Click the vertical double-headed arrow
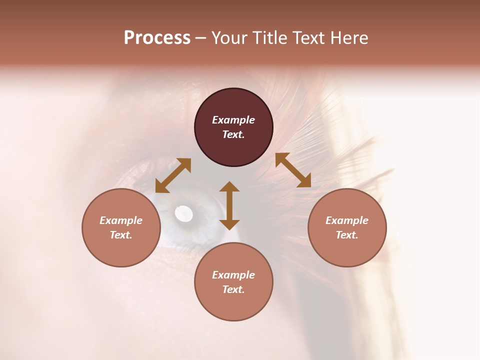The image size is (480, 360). pos(229,205)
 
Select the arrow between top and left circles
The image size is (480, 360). pos(173,175)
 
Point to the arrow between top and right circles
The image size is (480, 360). pos(293,170)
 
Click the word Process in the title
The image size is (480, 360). pos(157,38)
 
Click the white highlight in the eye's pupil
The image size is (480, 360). pos(183,214)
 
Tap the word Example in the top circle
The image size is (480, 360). pos(233,120)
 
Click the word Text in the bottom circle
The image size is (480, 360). pos(233,289)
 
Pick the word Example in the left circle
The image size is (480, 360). pos(121,220)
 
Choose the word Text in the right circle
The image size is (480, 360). pos(346,235)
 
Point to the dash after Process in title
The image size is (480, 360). pos(200,38)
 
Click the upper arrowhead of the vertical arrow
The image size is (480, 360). pos(229,187)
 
